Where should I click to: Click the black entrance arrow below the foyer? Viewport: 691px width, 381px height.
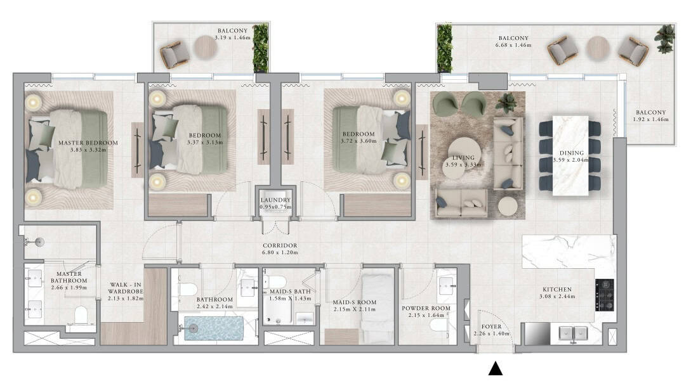[496, 369]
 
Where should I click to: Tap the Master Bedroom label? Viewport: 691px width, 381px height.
[88, 143]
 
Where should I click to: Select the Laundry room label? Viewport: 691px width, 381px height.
[275, 200]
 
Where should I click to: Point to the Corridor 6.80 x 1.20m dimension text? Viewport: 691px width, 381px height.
[280, 252]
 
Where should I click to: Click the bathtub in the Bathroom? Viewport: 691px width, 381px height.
[213, 328]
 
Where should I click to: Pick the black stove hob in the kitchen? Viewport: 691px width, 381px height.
[604, 295]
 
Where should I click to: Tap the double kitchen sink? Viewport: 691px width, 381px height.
[573, 333]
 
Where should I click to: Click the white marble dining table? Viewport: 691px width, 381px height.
[570, 155]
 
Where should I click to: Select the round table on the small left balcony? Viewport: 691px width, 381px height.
[206, 48]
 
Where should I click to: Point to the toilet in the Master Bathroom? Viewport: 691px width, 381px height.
[81, 315]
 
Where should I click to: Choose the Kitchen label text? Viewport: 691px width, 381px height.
[557, 289]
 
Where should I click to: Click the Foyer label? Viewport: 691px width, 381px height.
[491, 326]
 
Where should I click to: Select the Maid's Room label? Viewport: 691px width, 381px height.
[354, 302]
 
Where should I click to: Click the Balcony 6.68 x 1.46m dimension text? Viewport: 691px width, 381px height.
[513, 45]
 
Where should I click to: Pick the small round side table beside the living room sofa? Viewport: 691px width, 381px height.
[508, 205]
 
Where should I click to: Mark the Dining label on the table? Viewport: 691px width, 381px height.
[572, 153]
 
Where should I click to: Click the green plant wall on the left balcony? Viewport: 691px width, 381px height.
[260, 48]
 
